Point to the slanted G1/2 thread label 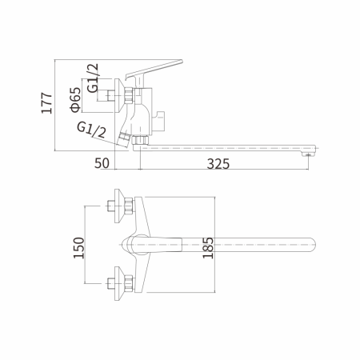91,131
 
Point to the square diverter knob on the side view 163,120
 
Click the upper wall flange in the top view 121,204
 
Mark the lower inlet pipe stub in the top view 109,281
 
